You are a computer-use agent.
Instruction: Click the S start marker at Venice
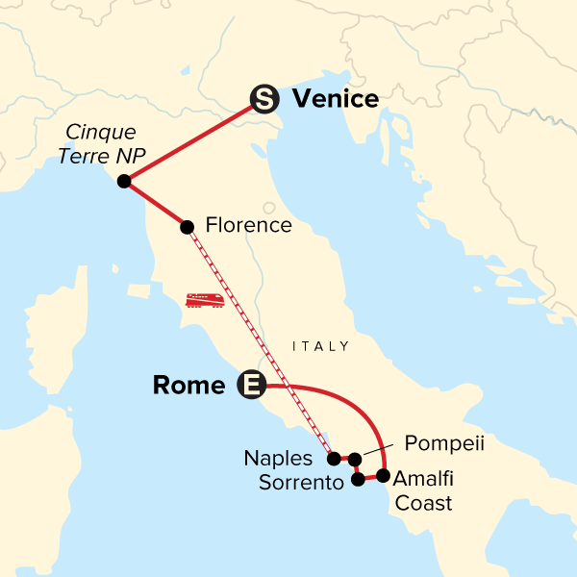pos(264,98)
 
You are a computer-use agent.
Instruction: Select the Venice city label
pos(336,98)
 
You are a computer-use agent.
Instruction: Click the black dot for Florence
pos(188,227)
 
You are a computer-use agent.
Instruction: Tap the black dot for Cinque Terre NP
pos(123,182)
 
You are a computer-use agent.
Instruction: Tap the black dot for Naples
pos(334,459)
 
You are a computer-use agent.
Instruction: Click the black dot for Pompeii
pos(355,459)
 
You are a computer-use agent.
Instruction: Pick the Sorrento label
pos(301,483)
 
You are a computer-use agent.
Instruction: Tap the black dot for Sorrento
pos(359,479)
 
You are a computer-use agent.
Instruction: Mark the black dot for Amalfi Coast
pos(383,475)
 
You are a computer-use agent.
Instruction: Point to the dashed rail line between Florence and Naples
pos(260,341)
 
